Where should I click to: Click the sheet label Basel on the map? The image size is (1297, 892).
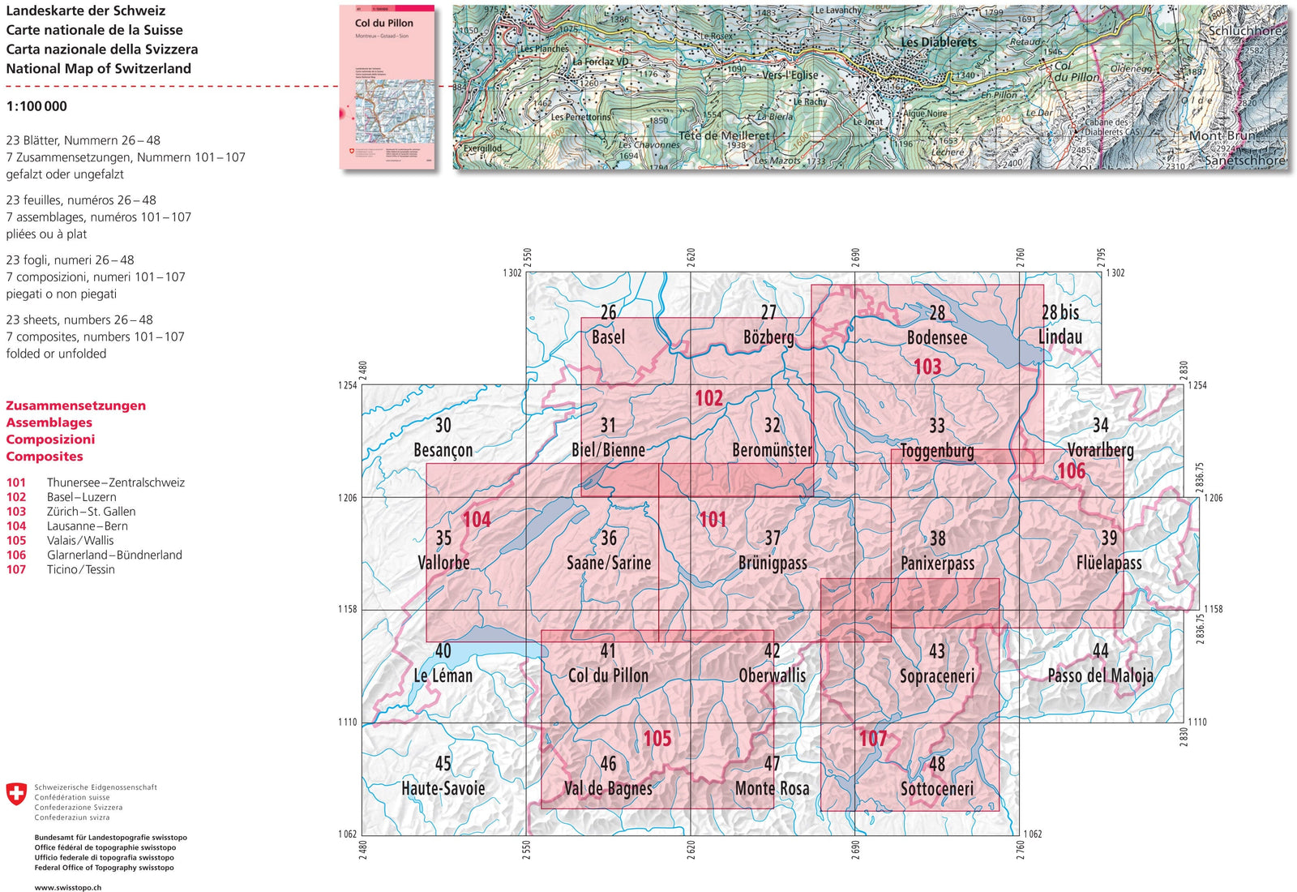click(x=608, y=337)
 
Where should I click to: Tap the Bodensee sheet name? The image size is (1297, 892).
click(x=937, y=337)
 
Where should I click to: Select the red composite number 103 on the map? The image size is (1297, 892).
click(x=927, y=367)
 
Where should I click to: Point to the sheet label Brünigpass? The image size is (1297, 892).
click(x=773, y=563)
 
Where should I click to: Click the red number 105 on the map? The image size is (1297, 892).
click(x=657, y=739)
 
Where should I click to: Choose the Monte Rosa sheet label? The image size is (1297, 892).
click(x=772, y=788)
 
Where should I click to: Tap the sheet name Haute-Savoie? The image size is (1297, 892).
click(x=443, y=788)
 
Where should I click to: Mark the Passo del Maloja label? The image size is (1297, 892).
click(x=1100, y=675)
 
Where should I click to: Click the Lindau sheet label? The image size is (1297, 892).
click(x=1060, y=337)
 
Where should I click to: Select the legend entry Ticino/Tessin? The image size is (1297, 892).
click(x=80, y=570)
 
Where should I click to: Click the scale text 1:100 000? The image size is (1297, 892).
click(x=36, y=106)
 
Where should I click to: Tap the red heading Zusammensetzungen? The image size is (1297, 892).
click(x=76, y=405)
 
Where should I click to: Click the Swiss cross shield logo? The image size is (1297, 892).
click(x=16, y=794)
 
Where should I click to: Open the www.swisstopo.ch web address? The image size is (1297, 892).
click(x=68, y=887)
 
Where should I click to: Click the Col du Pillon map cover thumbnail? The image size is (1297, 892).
click(x=387, y=88)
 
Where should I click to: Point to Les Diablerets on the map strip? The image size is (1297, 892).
click(x=939, y=42)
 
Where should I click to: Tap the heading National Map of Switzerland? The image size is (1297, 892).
click(x=99, y=69)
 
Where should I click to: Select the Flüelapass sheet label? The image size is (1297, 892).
click(x=1109, y=563)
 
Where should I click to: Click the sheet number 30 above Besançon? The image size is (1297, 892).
click(x=443, y=425)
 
